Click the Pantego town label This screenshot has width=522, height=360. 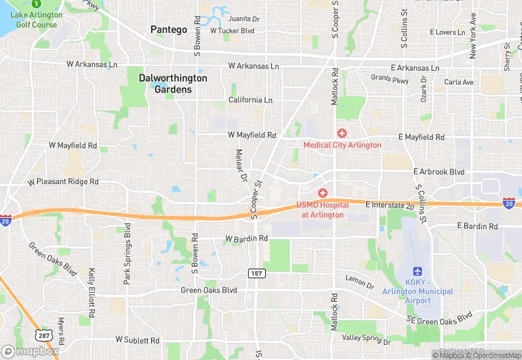coord(168,30)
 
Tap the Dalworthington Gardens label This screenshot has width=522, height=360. coord(172,83)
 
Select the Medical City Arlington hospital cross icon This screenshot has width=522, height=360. coord(341,132)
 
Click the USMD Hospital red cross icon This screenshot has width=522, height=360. coord(322,194)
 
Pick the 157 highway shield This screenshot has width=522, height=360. coord(256,273)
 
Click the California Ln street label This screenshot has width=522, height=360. coord(250,100)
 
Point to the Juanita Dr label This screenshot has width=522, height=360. coord(245,20)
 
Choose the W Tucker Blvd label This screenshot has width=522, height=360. coord(232,31)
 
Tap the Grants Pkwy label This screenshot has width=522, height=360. coord(389,80)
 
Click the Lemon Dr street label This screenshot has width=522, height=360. coord(360,280)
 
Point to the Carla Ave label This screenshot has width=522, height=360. coord(459,82)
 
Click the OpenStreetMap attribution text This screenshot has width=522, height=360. coord(495,355)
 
